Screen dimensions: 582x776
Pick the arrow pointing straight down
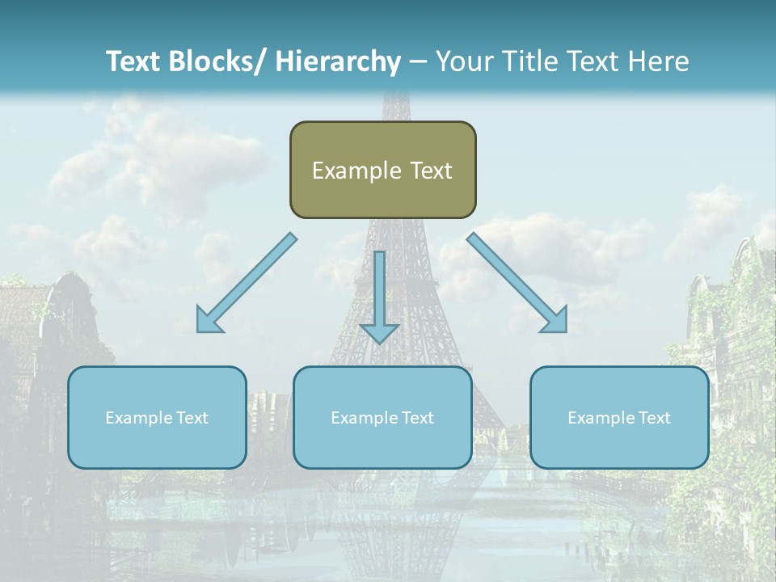pos(379,295)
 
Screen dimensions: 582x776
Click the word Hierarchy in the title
pos(338,61)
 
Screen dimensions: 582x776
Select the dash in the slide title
pos(418,62)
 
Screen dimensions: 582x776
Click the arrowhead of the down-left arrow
pos(209,320)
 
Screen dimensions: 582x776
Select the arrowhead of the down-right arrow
pos(555,320)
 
